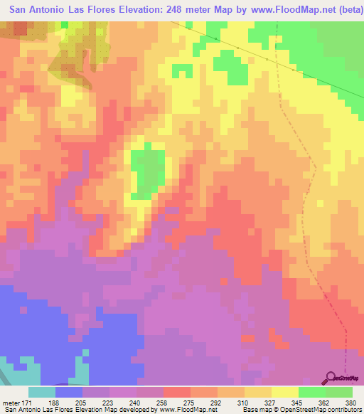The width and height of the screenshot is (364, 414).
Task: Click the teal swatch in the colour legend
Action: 42,392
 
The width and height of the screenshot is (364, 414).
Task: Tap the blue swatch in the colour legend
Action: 69,392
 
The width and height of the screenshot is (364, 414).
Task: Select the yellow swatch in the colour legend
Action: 285,392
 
